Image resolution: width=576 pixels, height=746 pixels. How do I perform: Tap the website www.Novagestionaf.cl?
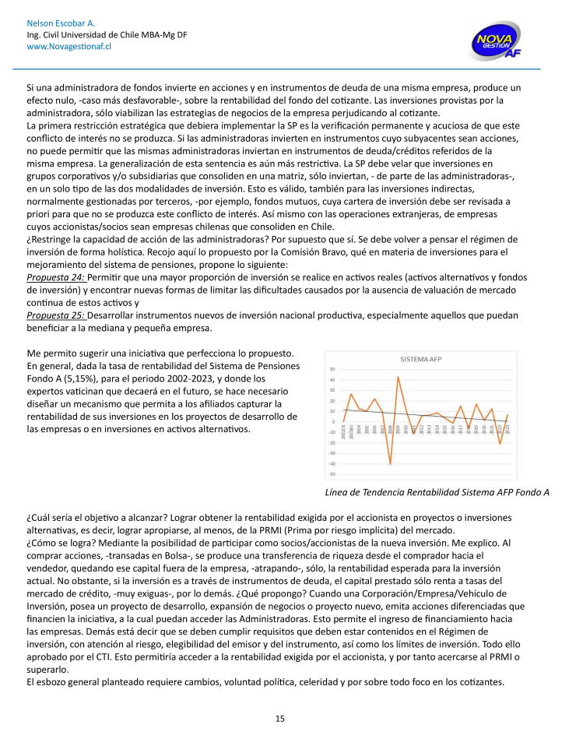click(x=68, y=47)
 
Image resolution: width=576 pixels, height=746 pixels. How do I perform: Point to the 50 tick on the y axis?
click(x=332, y=369)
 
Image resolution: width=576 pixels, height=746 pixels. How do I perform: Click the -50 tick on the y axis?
click(x=332, y=474)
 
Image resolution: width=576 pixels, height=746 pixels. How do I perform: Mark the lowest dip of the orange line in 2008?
click(x=390, y=464)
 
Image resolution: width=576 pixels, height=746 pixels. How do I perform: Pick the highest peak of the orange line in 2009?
click(x=398, y=377)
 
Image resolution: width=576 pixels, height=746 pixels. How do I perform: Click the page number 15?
click(x=280, y=718)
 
